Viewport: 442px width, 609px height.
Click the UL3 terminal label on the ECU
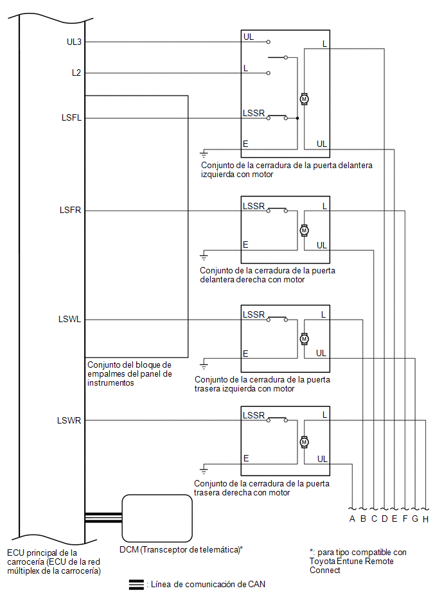[x=74, y=42]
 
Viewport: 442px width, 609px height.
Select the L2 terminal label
[x=76, y=73]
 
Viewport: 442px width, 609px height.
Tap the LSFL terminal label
[x=71, y=117]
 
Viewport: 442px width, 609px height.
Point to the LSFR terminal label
[x=71, y=210]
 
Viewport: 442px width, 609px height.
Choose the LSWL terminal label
[x=69, y=319]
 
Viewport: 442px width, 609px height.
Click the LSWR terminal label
[x=69, y=420]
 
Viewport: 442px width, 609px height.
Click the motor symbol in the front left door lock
[x=305, y=99]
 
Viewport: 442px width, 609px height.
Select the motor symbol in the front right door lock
[x=305, y=230]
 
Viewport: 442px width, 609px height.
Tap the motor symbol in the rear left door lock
[x=305, y=339]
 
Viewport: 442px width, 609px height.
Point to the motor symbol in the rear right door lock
[x=305, y=442]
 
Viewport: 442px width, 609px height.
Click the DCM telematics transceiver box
[x=157, y=518]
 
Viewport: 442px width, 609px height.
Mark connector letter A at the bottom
[x=352, y=519]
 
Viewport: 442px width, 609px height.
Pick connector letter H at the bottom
[x=426, y=519]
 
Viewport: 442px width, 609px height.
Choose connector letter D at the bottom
[x=384, y=519]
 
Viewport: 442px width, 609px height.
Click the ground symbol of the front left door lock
[x=204, y=154]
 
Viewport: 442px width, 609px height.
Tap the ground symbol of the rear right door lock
[x=204, y=471]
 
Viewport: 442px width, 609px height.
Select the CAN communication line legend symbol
[x=136, y=585]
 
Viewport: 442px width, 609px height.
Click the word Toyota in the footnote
[x=323, y=562]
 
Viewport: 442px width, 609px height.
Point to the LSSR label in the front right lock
[x=254, y=206]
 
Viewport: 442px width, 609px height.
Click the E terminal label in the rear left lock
[x=245, y=354]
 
